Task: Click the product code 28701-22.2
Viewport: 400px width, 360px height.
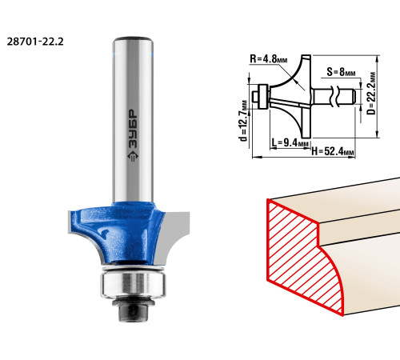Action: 35,42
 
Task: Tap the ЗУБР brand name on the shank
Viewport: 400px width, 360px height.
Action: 133,129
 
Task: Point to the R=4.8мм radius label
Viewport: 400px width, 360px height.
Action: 269,58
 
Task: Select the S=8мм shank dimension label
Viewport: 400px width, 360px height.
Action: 341,72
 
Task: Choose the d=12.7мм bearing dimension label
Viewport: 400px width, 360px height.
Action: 244,121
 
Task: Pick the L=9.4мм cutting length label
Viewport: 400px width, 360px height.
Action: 290,142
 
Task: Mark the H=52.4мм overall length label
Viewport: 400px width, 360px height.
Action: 333,151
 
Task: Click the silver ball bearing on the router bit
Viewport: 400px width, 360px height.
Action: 133,284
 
